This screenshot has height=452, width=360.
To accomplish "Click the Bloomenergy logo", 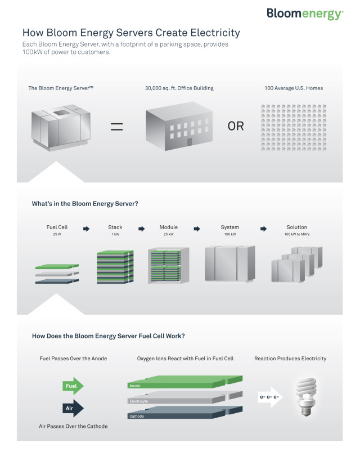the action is pos(305,14).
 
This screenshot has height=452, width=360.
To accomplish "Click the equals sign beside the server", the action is pos(116,127).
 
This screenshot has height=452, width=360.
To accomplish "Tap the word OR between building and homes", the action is pos(236,126).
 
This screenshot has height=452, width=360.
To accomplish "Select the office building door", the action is pos(190,142).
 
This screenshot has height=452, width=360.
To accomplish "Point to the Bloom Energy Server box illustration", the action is pos(61,128).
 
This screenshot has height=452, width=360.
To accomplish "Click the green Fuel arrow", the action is pos(73,386).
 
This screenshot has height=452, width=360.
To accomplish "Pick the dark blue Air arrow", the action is pos(73,408).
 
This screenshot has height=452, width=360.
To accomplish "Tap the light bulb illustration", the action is pos(306,397).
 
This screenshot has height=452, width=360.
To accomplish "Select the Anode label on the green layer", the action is pos(135,386).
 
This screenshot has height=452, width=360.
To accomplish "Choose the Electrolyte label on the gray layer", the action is pos(138,401).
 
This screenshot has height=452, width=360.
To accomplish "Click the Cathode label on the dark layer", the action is pos(137,416).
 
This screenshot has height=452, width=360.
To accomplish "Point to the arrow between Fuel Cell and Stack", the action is pos(87,229).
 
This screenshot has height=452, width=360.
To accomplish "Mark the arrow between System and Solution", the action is pos(263,229).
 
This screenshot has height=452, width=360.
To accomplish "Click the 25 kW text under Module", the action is pos(169,234).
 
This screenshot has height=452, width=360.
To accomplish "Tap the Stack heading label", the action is pos(115,227).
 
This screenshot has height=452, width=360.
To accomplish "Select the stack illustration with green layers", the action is pos(115,267).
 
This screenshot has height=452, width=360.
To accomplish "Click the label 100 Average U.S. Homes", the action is pos(294,88).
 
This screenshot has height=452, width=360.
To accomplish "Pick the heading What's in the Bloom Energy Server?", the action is pos(85,204).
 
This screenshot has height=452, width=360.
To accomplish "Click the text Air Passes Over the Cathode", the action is pos(73,426).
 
